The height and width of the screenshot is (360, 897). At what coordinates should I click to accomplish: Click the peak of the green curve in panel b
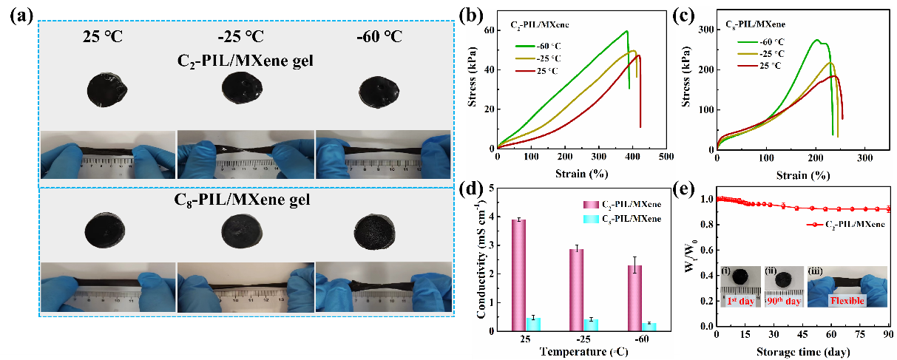[x=626, y=31]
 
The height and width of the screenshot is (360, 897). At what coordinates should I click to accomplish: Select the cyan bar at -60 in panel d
[x=649, y=326]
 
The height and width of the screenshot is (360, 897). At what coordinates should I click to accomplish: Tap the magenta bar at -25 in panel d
[x=577, y=289]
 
